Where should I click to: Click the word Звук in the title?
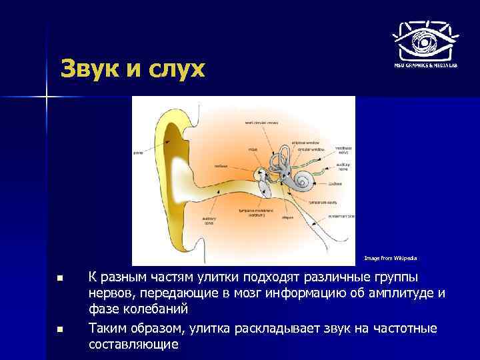coord(93,69)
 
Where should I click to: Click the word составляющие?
coord(133,345)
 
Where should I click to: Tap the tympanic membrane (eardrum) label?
coord(257,213)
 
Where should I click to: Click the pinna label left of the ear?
coord(139,152)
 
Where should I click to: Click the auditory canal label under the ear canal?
coord(209,221)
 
